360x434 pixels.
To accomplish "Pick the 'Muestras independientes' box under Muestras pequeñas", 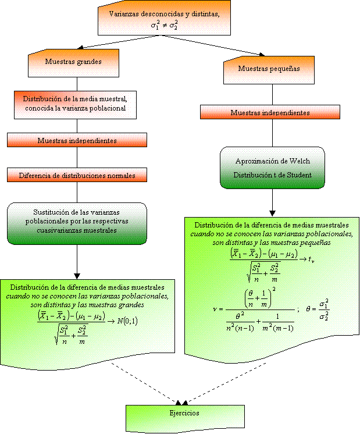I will click(x=270, y=113).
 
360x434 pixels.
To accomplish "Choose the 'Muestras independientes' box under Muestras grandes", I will click(x=77, y=140).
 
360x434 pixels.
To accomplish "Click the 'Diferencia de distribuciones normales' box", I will click(x=77, y=175).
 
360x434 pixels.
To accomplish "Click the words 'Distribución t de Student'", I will click(x=273, y=175).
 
